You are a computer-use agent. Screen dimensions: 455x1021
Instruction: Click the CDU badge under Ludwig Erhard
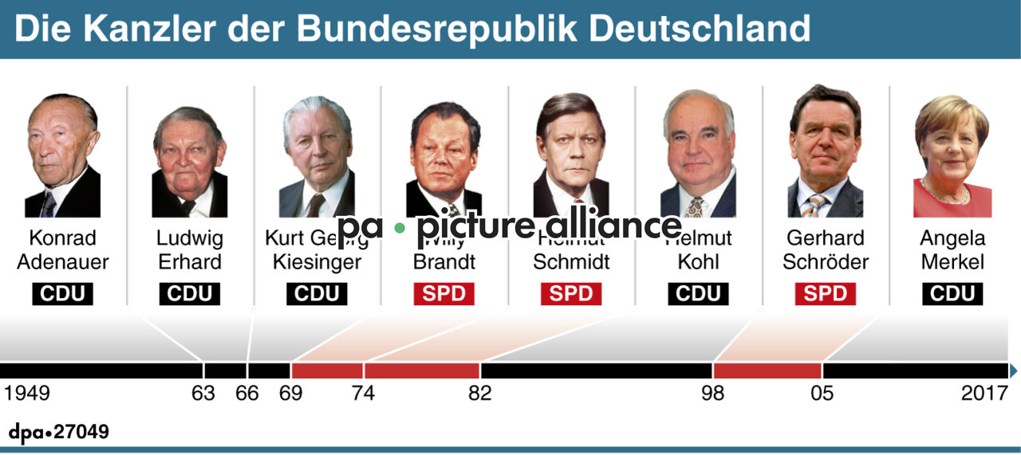point(189,294)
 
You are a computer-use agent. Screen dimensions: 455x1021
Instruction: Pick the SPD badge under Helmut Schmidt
point(571,294)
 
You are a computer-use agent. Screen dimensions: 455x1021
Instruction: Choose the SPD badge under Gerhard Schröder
point(825,294)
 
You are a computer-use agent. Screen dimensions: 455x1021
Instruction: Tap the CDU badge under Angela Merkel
point(952,294)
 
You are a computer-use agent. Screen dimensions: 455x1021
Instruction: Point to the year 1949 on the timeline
point(26,394)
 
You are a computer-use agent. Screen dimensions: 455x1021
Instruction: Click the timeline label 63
point(203,394)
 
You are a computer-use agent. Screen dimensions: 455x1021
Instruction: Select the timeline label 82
point(480,394)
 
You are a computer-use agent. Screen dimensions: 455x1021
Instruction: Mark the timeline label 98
point(713,394)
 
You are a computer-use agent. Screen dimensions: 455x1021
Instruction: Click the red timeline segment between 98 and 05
point(767,371)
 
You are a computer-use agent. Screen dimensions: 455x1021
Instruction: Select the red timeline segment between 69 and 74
point(327,371)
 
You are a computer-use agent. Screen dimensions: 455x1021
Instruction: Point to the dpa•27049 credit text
point(59,433)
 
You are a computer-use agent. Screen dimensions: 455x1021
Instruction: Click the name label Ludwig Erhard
point(189,249)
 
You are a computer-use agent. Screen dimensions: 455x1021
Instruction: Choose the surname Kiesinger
point(317,262)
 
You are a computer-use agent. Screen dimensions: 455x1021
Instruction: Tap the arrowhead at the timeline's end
point(1013,371)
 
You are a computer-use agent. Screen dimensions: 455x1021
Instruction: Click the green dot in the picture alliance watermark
point(400,228)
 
